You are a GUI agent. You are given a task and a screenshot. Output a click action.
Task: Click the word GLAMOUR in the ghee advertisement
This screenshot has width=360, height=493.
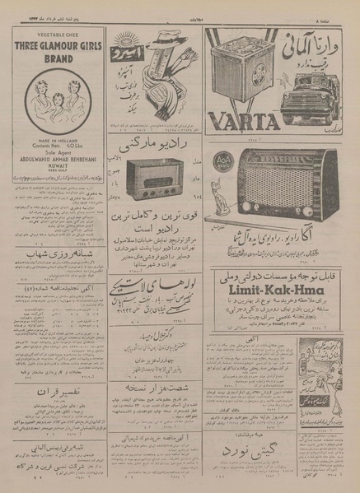(x=60, y=47)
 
